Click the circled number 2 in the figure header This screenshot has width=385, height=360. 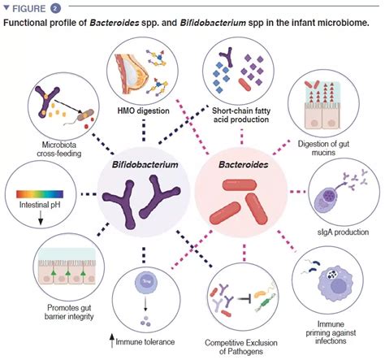tap(54, 8)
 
